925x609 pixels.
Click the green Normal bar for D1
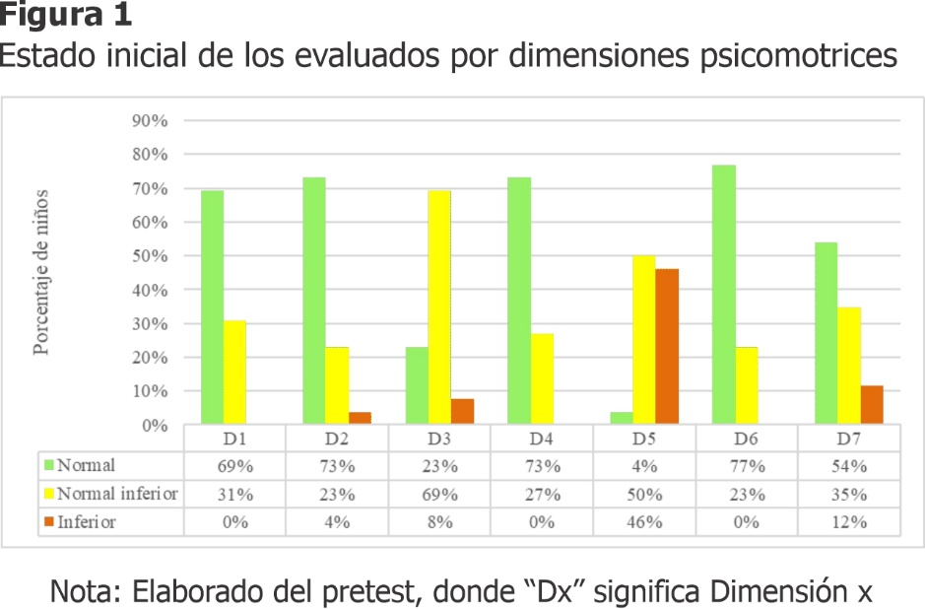pos(212,307)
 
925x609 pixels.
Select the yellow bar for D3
pos(438,307)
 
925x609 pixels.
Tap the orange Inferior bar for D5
pos(667,346)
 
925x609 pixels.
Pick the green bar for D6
pos(724,295)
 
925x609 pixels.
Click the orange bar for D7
pos(872,405)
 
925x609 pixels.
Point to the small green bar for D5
pos(621,419)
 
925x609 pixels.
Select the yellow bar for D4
pos(543,379)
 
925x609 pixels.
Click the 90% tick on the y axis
pos(150,120)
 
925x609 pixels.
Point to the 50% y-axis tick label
pos(150,256)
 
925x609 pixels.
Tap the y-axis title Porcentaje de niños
pos(41,273)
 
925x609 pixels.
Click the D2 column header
pos(337,438)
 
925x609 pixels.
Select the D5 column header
pos(645,438)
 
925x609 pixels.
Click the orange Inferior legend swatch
pos(47,522)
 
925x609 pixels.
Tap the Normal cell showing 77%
pos(748,465)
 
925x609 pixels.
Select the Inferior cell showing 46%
pos(645,522)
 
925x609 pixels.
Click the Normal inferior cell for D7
pos(849,494)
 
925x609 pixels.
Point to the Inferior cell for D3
pos(439,522)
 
